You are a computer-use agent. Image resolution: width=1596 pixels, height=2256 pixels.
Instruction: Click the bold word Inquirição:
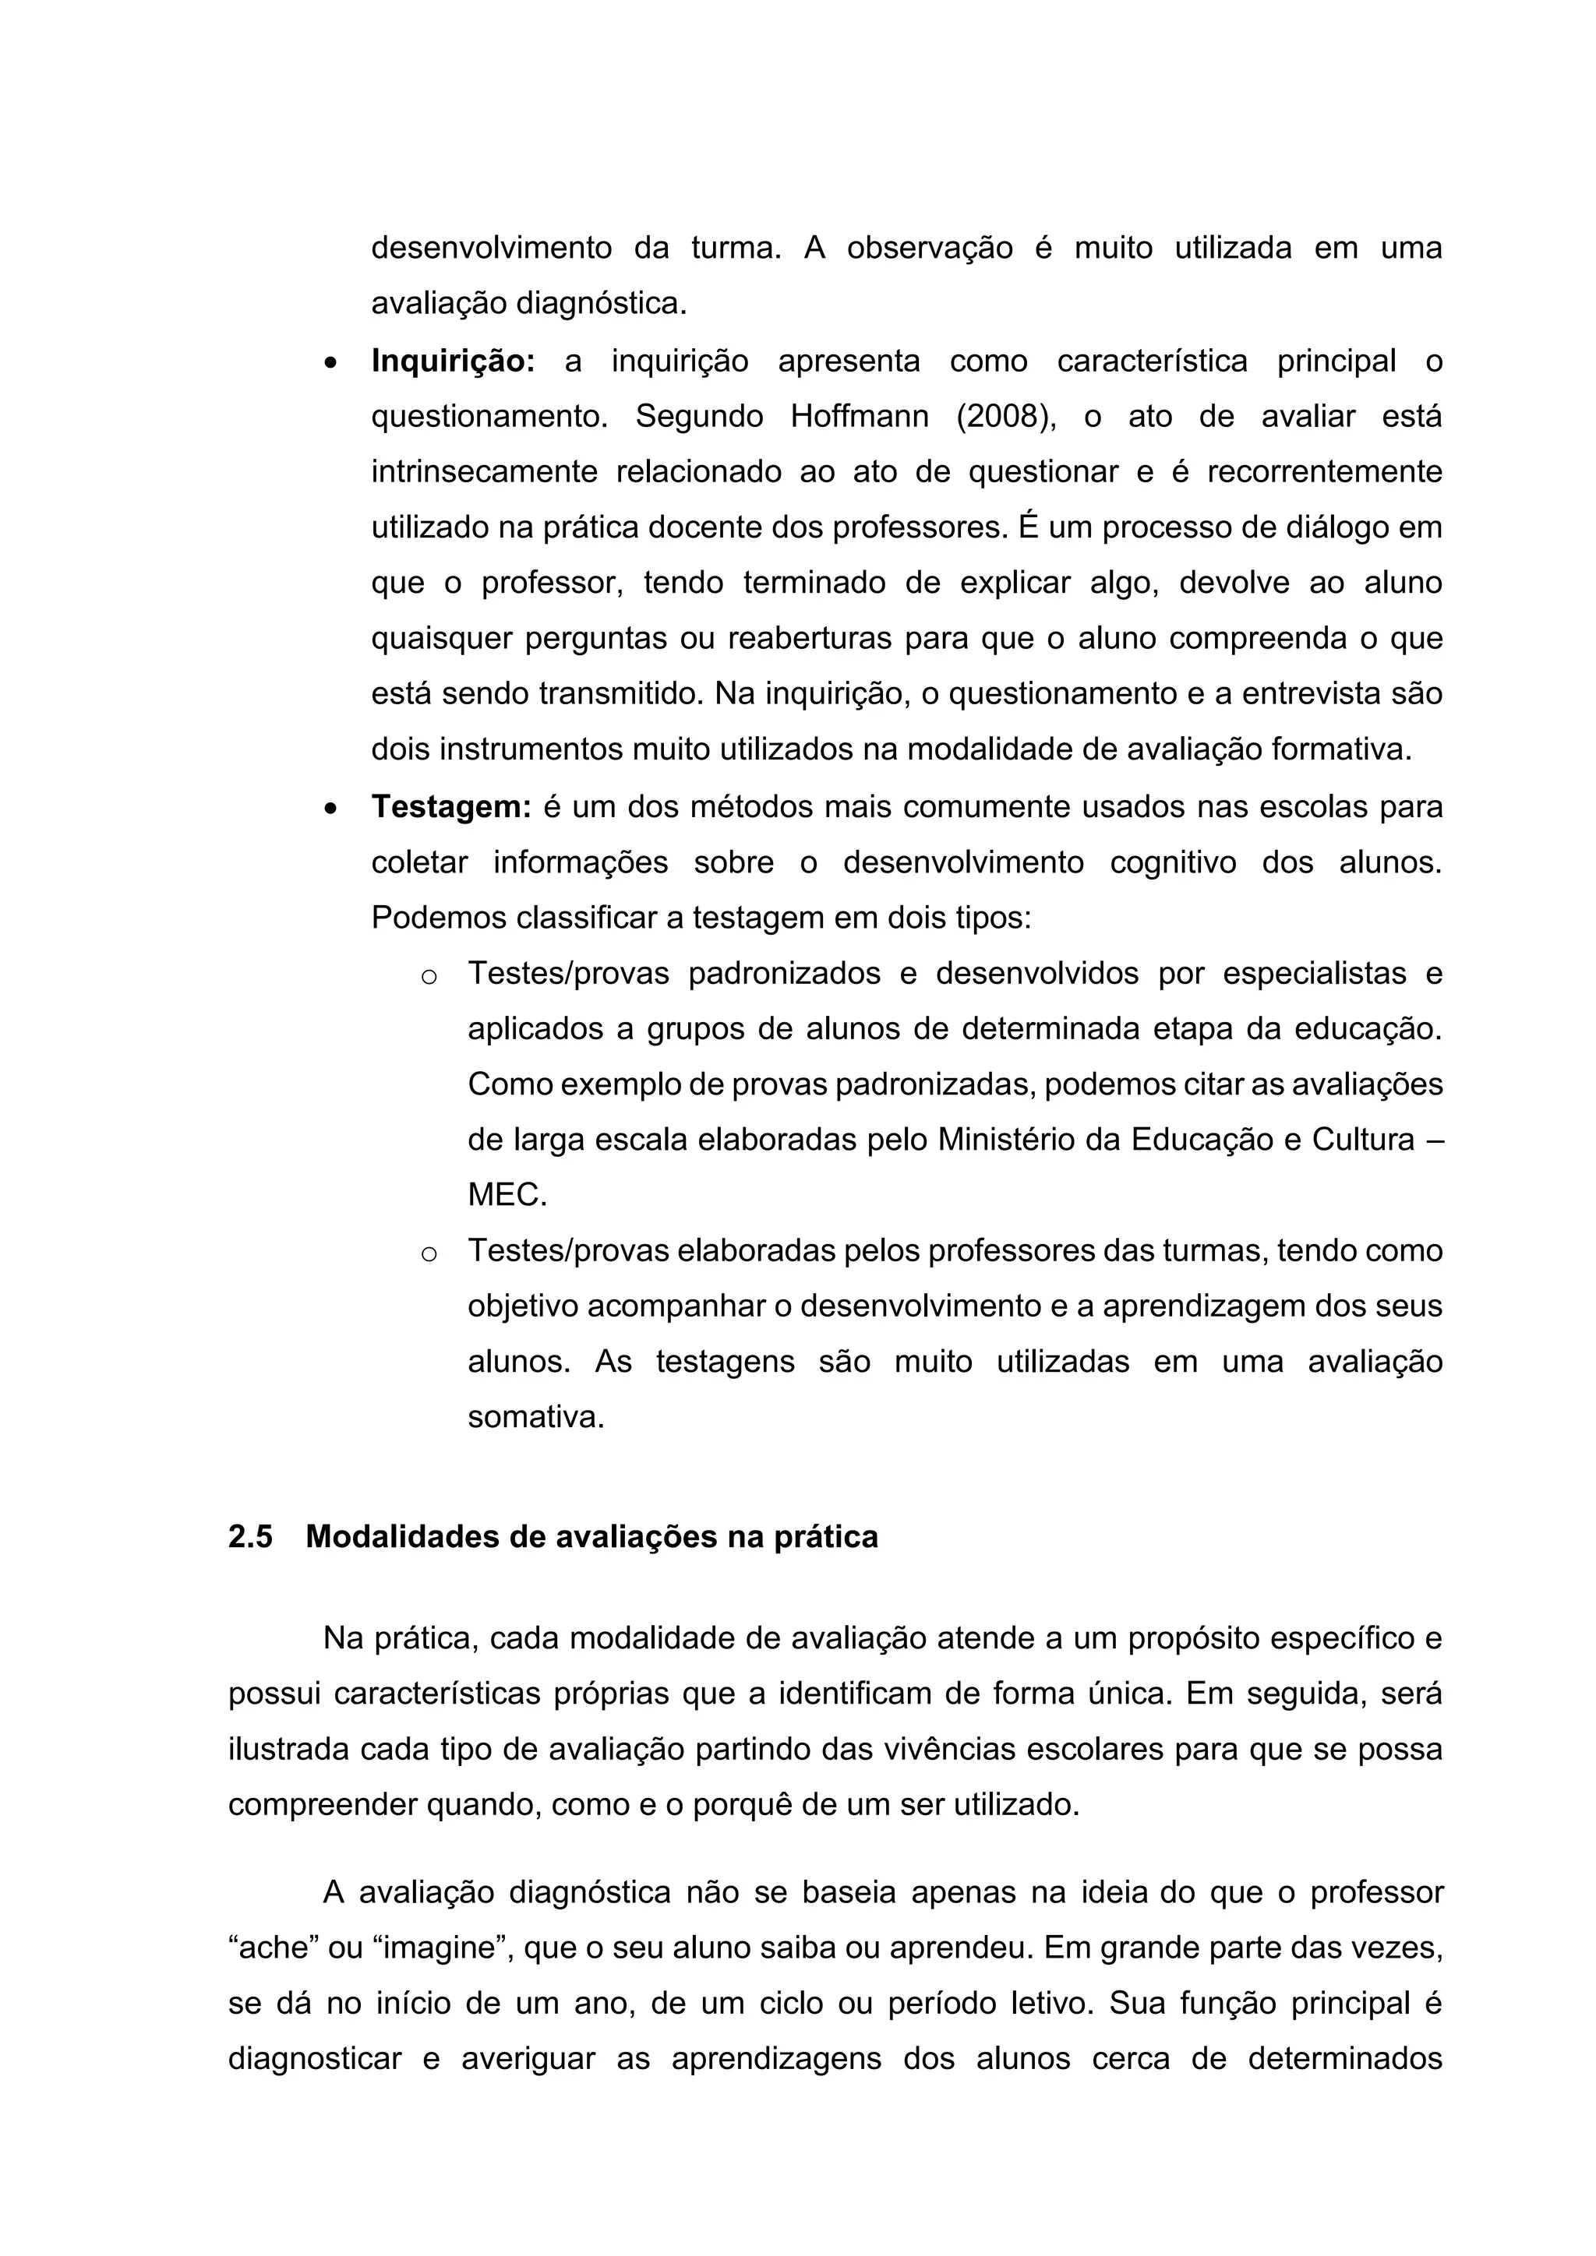[x=452, y=361]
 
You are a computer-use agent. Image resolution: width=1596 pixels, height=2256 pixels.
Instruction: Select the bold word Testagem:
[x=451, y=807]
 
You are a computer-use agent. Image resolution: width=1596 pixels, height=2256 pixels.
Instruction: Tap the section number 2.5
[x=251, y=1537]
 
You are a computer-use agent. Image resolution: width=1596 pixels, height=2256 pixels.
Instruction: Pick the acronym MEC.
[x=506, y=1195]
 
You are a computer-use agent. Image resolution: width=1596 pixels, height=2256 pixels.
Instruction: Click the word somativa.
[x=535, y=1417]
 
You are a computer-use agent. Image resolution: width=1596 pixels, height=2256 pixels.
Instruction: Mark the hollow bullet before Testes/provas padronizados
[x=429, y=977]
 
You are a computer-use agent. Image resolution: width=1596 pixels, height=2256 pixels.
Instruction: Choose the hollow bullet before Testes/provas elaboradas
[x=429, y=1253]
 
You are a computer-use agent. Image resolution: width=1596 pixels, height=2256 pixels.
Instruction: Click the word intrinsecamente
[x=483, y=471]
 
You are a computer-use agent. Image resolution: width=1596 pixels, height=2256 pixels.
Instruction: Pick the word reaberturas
[x=809, y=639]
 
